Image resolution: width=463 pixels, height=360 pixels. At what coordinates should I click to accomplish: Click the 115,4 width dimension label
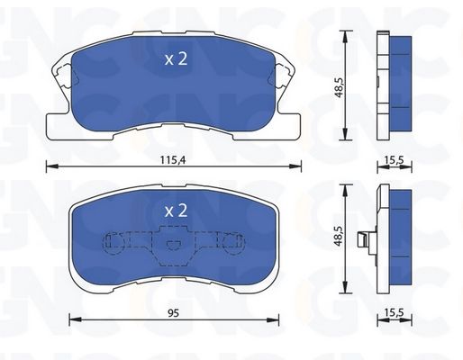point(173,160)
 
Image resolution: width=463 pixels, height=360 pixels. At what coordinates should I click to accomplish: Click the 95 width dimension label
point(173,313)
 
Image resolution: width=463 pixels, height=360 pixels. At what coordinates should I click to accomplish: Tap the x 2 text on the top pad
point(176,58)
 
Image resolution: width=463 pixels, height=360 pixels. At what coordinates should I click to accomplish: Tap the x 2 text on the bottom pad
point(176,211)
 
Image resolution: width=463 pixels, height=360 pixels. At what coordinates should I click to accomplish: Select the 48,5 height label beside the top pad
point(339,86)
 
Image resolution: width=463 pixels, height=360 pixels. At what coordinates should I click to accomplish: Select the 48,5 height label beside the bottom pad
point(339,236)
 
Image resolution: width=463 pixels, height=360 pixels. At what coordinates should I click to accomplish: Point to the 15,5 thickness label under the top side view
point(394,160)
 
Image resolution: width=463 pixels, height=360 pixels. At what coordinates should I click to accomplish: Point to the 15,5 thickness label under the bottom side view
point(394,313)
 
